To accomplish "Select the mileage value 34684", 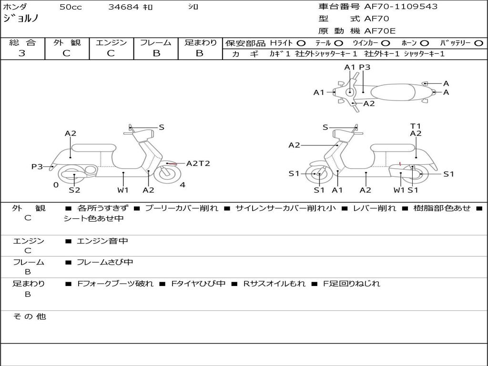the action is pyautogui.click(x=123, y=7).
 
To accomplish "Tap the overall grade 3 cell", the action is pyautogui.click(x=22, y=53).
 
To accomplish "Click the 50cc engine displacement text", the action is pyautogui.click(x=71, y=7).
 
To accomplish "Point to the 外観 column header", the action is pyautogui.click(x=67, y=42).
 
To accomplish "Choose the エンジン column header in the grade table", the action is pyautogui.click(x=111, y=42).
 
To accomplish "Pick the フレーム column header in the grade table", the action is pyautogui.click(x=155, y=42).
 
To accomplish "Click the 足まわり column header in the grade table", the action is pyautogui.click(x=200, y=42).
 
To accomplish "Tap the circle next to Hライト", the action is pyautogui.click(x=301, y=43).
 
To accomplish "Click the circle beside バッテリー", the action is pyautogui.click(x=478, y=43).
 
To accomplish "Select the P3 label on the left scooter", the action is pyautogui.click(x=37, y=166).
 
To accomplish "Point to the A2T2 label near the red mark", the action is pyautogui.click(x=198, y=163).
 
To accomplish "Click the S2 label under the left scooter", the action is pyautogui.click(x=74, y=190).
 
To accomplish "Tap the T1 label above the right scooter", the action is pyautogui.click(x=416, y=126).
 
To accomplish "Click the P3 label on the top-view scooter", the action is pyautogui.click(x=365, y=67).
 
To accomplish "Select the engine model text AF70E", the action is pyautogui.click(x=380, y=31).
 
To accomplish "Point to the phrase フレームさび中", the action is pyautogui.click(x=105, y=262).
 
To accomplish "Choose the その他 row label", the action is pyautogui.click(x=30, y=316).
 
